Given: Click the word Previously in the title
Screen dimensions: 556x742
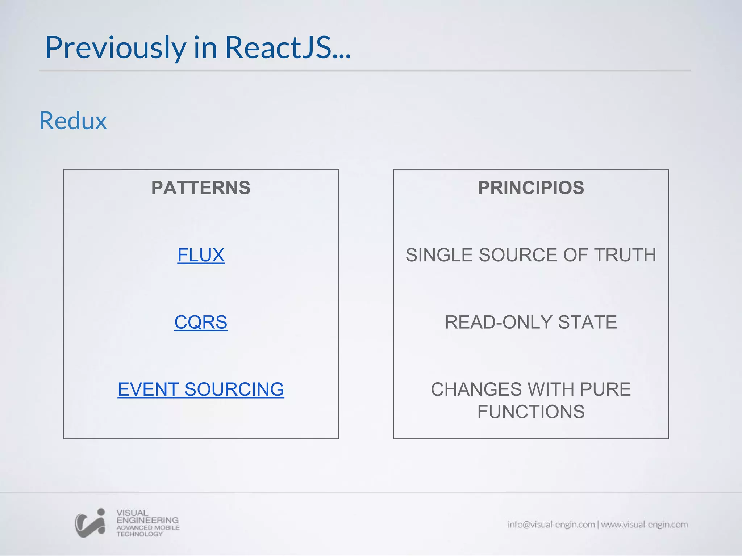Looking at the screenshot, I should click(115, 48).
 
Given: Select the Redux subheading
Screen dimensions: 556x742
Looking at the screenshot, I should click(73, 121).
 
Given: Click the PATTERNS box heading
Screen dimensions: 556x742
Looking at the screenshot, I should click(201, 188).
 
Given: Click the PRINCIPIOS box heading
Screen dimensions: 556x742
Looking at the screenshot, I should click(531, 188).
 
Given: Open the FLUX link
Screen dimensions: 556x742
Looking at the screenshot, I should click(201, 255).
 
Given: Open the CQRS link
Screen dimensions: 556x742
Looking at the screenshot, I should click(201, 322).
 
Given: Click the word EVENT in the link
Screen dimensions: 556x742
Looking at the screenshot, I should click(148, 389).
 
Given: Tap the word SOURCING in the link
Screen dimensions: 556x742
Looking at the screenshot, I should click(234, 389).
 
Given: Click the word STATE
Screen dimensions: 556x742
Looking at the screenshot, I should click(587, 322).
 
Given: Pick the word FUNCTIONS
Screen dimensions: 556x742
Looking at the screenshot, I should click(531, 412).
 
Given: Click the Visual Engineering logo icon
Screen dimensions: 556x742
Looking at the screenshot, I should click(90, 523).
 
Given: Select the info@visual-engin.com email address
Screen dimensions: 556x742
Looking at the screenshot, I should click(551, 525).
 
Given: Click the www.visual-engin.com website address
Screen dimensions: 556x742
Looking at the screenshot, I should click(644, 525).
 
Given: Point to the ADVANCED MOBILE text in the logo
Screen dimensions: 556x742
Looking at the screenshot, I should click(148, 528).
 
